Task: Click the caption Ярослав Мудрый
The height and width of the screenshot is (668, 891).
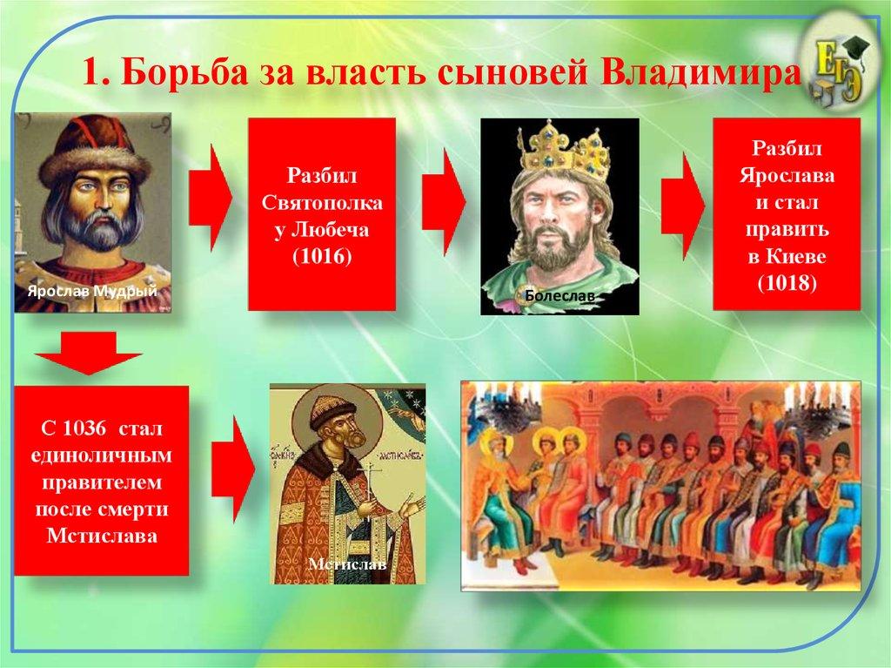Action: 91,292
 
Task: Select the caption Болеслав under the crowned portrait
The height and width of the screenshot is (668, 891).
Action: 559,297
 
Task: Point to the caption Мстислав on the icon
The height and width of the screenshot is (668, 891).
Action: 346,563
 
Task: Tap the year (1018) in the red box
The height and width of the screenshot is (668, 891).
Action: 787,283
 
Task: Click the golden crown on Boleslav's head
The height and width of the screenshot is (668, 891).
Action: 559,150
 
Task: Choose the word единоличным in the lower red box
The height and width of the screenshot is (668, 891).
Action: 100,455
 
